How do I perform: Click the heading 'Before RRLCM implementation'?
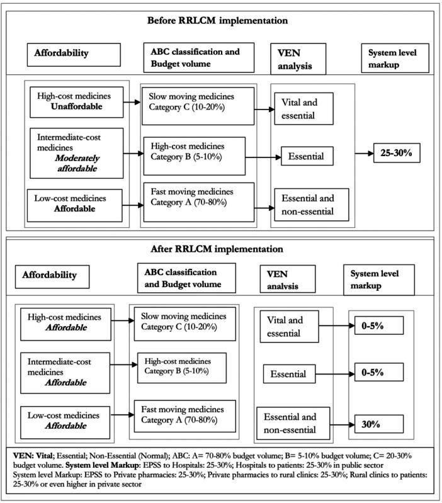[217, 20]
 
